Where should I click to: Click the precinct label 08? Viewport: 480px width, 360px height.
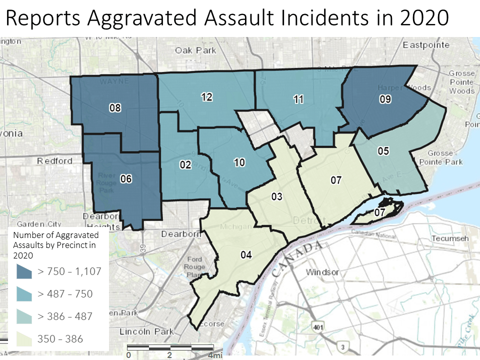tap(115, 107)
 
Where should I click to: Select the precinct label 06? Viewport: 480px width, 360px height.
tap(126, 178)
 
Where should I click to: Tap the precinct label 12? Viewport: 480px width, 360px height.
tap(207, 97)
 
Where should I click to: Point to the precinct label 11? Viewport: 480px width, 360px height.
tap(298, 99)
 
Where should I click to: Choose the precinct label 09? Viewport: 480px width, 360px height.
tap(385, 99)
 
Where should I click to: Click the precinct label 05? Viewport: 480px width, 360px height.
tap(383, 151)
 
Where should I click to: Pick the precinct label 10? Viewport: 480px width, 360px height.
tap(239, 162)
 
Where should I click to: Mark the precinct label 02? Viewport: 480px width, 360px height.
tap(185, 164)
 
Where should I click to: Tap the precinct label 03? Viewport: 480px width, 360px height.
tap(277, 196)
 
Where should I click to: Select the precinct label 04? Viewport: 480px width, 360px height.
tap(245, 255)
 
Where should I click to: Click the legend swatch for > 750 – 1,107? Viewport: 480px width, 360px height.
tap(24, 271)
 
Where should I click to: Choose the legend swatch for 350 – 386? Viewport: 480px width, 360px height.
tap(24, 339)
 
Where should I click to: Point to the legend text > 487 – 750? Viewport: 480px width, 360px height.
tap(65, 294)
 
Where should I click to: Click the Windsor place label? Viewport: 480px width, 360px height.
tap(322, 272)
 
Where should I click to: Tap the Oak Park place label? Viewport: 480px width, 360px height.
tap(195, 50)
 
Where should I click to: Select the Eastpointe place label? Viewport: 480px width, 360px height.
tap(423, 45)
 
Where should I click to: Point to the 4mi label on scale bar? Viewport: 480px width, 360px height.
tap(215, 355)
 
